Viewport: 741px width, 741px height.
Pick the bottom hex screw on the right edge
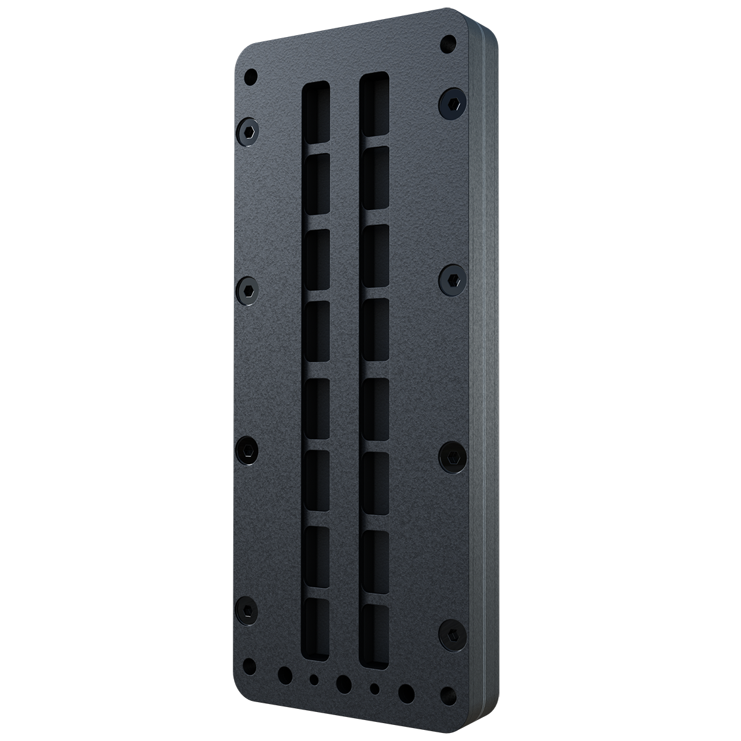click(451, 634)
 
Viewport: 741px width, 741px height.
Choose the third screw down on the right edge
click(451, 455)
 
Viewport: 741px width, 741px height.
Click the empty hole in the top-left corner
click(251, 77)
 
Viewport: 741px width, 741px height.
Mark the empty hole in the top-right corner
click(449, 44)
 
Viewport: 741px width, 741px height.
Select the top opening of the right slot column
click(375, 102)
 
